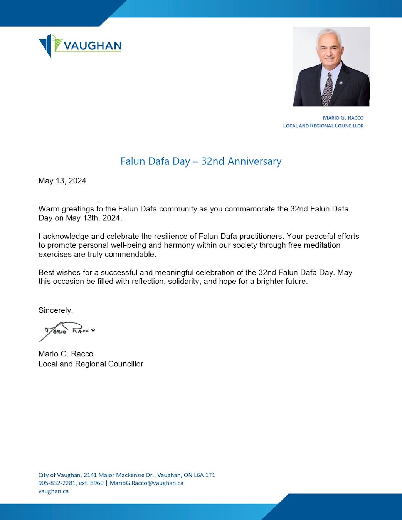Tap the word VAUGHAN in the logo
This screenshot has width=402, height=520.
pyautogui.click(x=93, y=46)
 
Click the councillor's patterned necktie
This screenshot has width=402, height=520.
pyautogui.click(x=327, y=90)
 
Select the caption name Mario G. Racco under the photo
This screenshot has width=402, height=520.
pyautogui.click(x=343, y=118)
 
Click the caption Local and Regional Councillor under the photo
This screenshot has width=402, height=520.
pyautogui.click(x=323, y=126)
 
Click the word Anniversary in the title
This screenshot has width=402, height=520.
pyautogui.click(x=254, y=161)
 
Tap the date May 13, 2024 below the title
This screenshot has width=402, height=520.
pyautogui.click(x=62, y=181)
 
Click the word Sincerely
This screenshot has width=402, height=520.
pyautogui.click(x=56, y=310)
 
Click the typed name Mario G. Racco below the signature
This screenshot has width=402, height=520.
pyautogui.click(x=66, y=354)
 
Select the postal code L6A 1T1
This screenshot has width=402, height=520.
pyautogui.click(x=204, y=475)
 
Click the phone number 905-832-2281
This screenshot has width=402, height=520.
pyautogui.click(x=57, y=483)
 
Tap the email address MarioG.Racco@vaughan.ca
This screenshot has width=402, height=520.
pyautogui.click(x=146, y=483)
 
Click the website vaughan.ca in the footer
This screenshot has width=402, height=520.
pyautogui.click(x=53, y=491)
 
